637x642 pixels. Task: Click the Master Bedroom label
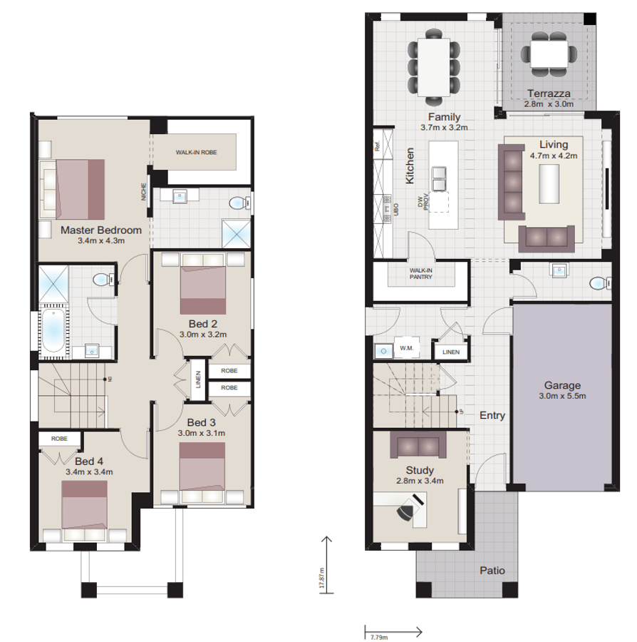100,230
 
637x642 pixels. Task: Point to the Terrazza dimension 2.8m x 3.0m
549,103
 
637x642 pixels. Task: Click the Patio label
492,570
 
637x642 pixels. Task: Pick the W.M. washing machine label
407,348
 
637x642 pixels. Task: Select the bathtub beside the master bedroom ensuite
53,331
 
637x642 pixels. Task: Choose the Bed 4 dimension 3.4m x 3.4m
89,471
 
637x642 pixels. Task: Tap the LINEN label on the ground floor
450,352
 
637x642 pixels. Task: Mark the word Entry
492,414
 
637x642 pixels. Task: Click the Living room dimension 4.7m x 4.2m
553,155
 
